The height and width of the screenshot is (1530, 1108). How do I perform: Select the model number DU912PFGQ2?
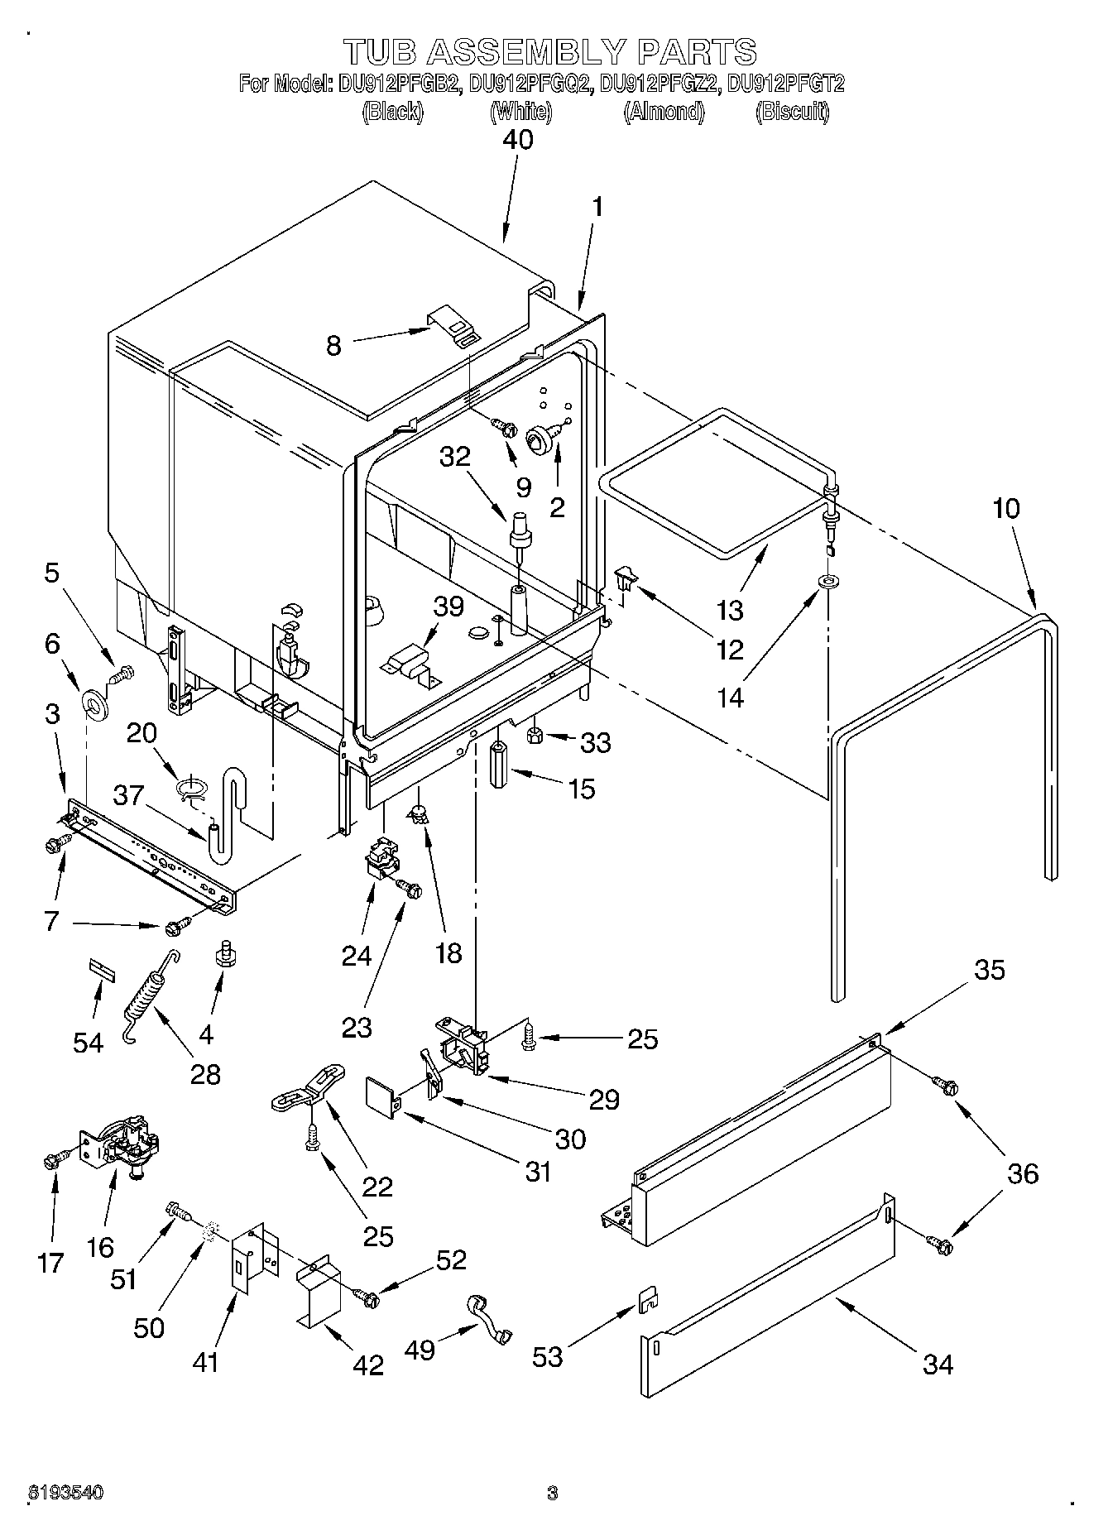[530, 84]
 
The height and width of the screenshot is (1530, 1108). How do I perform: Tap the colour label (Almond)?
[663, 112]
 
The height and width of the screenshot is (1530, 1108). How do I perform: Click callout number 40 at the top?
[518, 139]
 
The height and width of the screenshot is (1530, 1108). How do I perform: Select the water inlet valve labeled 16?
[124, 1144]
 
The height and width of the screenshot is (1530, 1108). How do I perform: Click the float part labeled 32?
[521, 530]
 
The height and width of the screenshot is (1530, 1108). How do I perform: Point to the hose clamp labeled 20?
[191, 788]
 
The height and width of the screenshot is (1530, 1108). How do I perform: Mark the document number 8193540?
[66, 1493]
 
